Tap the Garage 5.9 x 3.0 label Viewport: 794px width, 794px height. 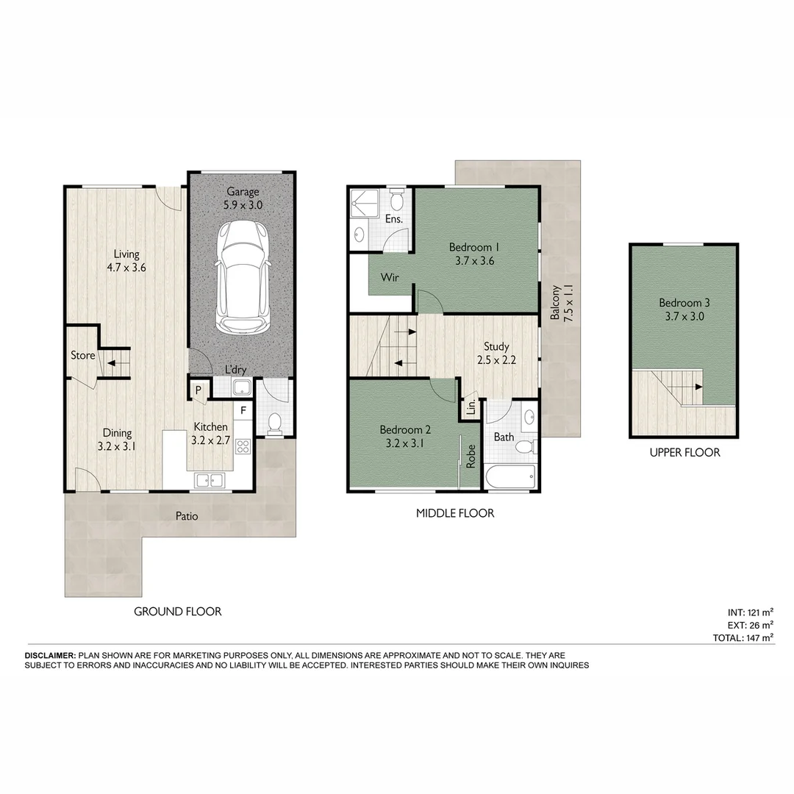[x=243, y=199]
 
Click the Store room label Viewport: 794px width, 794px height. [x=82, y=356]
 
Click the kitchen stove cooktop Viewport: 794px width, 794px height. [x=243, y=446]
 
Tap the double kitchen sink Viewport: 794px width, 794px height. [x=210, y=480]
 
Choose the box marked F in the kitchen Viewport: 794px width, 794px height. [x=243, y=410]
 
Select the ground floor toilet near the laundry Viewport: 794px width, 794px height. [x=274, y=422]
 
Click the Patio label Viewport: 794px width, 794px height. [x=187, y=516]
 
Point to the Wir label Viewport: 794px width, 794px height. [x=390, y=278]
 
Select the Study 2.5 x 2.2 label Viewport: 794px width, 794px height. [x=496, y=354]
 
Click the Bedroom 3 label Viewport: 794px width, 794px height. [x=684, y=310]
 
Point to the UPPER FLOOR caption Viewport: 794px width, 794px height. [x=684, y=453]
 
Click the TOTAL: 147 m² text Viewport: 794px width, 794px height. [x=743, y=638]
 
